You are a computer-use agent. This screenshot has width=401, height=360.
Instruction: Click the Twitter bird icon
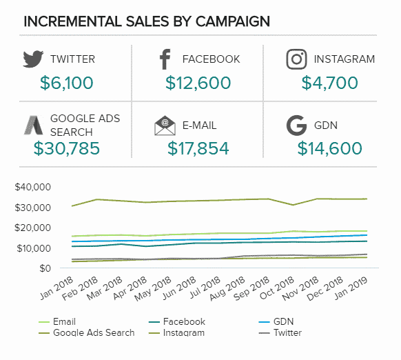(x=33, y=59)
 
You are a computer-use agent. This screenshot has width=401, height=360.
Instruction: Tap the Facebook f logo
(x=165, y=59)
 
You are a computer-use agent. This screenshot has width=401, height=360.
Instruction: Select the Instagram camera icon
(x=296, y=59)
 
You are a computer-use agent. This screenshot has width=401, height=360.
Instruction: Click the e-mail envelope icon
(x=165, y=126)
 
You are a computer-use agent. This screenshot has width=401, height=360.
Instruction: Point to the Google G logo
(x=296, y=126)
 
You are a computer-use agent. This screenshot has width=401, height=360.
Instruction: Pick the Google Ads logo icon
(x=34, y=126)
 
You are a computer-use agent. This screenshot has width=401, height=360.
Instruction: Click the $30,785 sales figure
(x=67, y=148)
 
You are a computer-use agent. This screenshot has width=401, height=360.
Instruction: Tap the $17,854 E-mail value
(x=198, y=148)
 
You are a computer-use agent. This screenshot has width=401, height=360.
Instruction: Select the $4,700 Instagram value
(x=329, y=83)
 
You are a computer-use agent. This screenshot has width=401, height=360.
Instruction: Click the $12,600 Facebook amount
(x=198, y=83)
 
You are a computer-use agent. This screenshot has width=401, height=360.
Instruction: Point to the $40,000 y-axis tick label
(x=33, y=187)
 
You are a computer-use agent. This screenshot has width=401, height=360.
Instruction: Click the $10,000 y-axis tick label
(x=34, y=248)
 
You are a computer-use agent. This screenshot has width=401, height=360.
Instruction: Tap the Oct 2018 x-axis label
(x=277, y=288)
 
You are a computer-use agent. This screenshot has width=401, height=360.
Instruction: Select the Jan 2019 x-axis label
(x=351, y=288)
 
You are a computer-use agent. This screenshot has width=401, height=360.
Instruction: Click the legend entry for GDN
(x=276, y=321)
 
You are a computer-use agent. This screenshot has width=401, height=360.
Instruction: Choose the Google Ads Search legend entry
(x=86, y=332)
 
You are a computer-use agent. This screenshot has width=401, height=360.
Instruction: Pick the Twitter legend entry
(x=280, y=332)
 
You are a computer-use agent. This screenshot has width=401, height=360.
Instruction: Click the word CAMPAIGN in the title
(x=233, y=21)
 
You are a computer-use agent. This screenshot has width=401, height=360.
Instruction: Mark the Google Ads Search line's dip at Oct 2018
(x=293, y=205)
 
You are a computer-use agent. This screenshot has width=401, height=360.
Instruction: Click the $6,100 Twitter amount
(x=67, y=83)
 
